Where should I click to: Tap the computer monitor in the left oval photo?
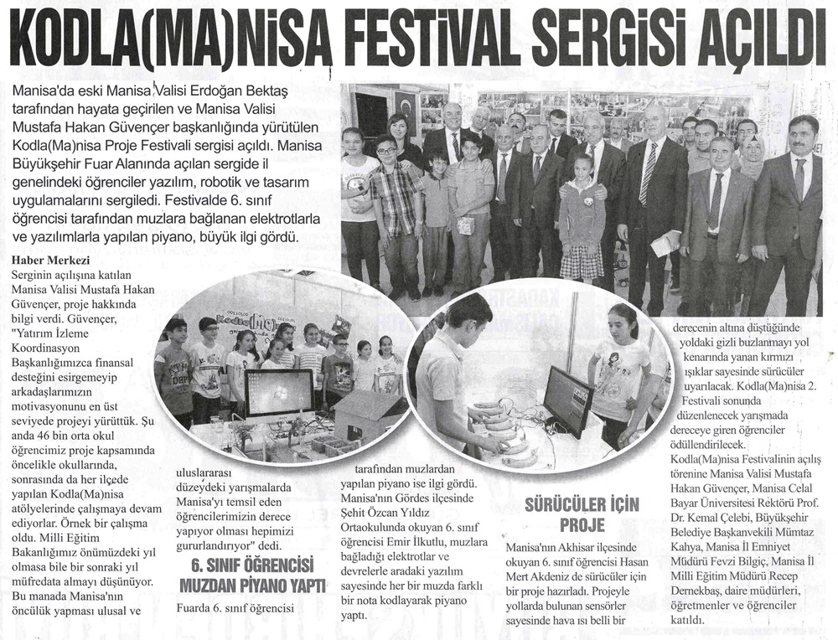pos(279,394)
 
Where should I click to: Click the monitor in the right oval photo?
pos(567,400)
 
